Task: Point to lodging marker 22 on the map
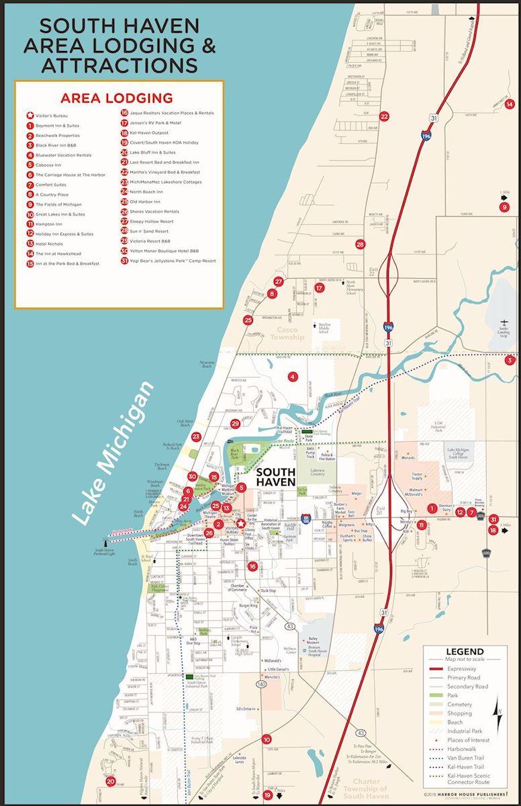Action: [x=384, y=116]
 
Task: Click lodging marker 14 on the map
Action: [x=510, y=103]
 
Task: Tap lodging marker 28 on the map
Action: [x=360, y=244]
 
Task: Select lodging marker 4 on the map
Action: [x=292, y=377]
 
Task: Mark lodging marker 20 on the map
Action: [x=111, y=781]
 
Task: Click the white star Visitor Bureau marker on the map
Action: [x=240, y=523]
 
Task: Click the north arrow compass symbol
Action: [x=498, y=710]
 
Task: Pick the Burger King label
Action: [x=248, y=606]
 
